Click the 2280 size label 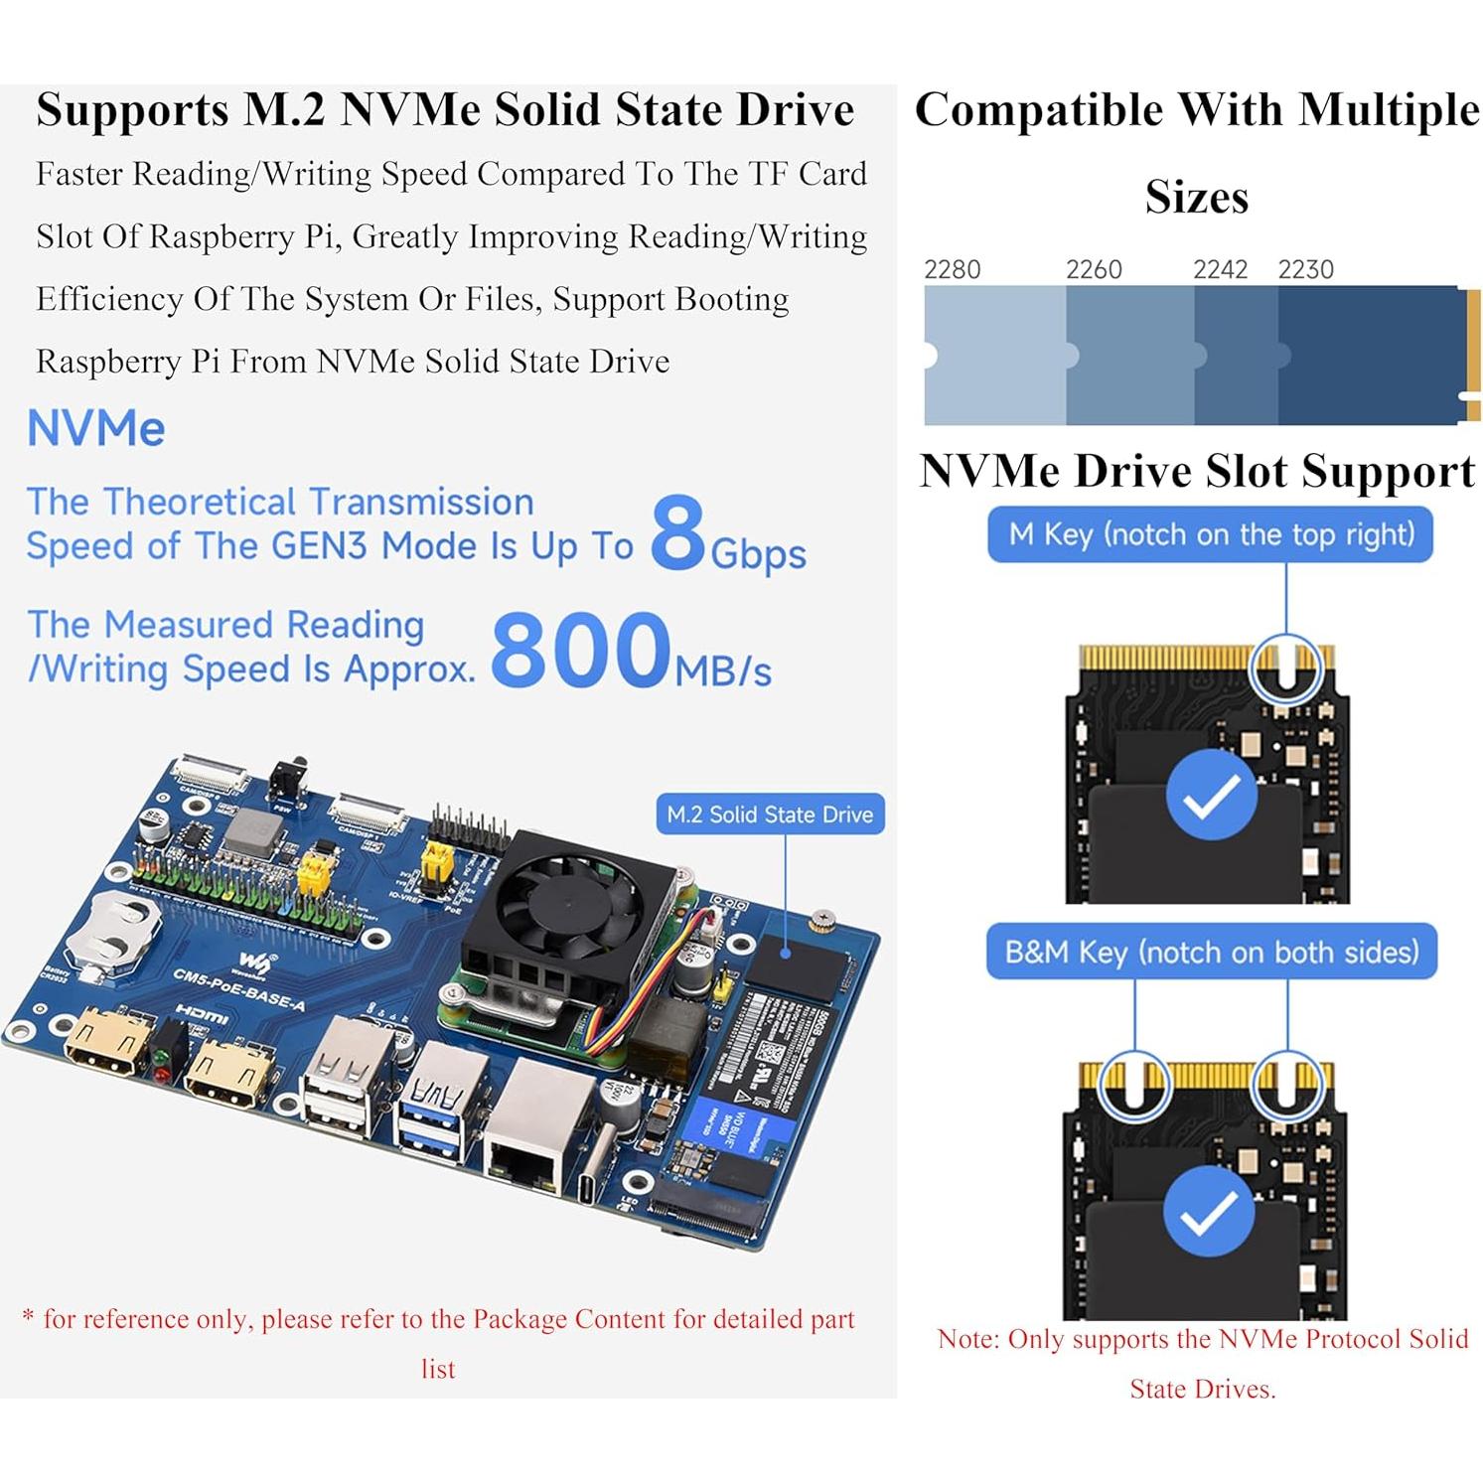pos(952,269)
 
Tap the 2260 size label pos(1094,269)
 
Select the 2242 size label pos(1220,269)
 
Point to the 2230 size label pos(1305,269)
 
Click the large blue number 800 pos(581,650)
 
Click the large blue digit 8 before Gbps pos(677,535)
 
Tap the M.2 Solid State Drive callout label pos(770,815)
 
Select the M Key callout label pos(1210,535)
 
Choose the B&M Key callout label pos(1211,953)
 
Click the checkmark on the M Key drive pos(1211,795)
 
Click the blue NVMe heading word pos(96,429)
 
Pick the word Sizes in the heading pos(1196,197)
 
